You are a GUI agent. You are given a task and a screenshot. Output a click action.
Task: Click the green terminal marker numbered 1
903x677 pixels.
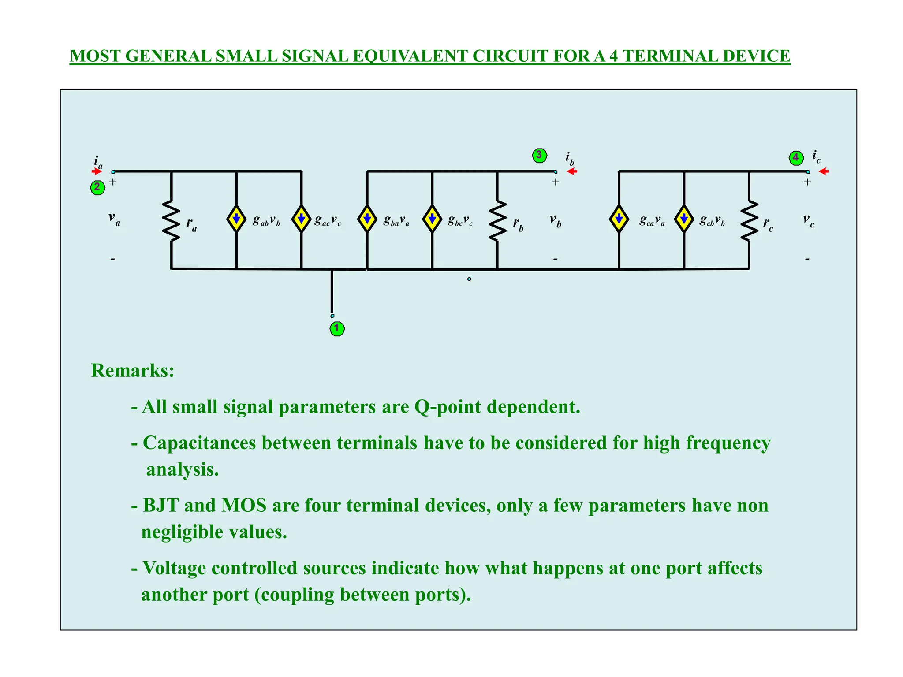(x=337, y=328)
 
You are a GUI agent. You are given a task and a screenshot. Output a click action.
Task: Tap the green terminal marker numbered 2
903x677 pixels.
(x=97, y=187)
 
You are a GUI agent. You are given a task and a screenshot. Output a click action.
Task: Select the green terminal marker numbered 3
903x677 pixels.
(x=539, y=155)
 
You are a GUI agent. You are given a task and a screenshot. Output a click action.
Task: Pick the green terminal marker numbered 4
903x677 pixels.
(x=796, y=157)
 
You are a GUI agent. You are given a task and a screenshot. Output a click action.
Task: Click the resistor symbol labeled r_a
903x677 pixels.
(x=171, y=220)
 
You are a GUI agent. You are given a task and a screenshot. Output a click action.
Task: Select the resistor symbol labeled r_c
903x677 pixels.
(x=749, y=220)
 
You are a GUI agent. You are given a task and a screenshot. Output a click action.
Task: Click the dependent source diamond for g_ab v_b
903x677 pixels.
(x=236, y=219)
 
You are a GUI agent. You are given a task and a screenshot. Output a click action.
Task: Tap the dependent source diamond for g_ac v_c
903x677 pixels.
(x=302, y=219)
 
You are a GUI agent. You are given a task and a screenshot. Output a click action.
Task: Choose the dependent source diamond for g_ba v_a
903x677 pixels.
(x=367, y=219)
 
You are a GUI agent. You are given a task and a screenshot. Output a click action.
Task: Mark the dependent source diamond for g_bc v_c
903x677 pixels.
(x=432, y=219)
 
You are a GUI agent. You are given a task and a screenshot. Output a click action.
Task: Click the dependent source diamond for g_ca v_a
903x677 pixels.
(x=619, y=219)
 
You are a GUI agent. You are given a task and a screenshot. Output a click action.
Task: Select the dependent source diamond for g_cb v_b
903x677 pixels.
(x=684, y=219)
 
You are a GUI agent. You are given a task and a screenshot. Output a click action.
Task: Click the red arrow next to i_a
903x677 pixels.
(x=97, y=171)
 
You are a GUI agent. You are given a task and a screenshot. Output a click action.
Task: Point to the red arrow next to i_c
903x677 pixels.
(x=824, y=171)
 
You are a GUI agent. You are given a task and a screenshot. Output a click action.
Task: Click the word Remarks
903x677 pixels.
(x=132, y=370)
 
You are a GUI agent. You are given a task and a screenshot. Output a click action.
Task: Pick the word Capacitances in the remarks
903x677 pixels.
(x=199, y=443)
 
